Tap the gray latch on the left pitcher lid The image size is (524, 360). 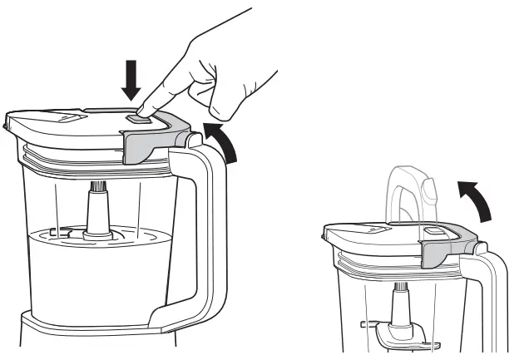coord(155,141)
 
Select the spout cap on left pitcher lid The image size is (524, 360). coord(67,119)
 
